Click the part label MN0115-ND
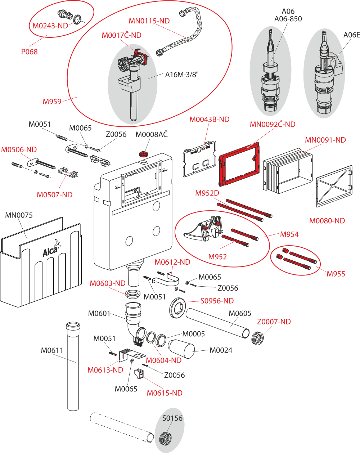coord(149,21)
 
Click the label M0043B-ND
coord(209,119)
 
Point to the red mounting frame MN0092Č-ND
coord(239,164)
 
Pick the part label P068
coord(29,52)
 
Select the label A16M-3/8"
coord(182,75)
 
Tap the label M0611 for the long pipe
coord(52,350)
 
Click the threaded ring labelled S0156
coord(165,439)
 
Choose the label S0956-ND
coord(217,301)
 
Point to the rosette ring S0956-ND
coord(178,308)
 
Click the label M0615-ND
coord(165,393)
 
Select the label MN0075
coord(19,215)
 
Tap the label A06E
coord(352,35)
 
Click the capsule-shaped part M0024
coord(181,349)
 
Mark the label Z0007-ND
coord(274,322)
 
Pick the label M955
coord(336,274)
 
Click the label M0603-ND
coord(108,283)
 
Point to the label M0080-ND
coord(327,221)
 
